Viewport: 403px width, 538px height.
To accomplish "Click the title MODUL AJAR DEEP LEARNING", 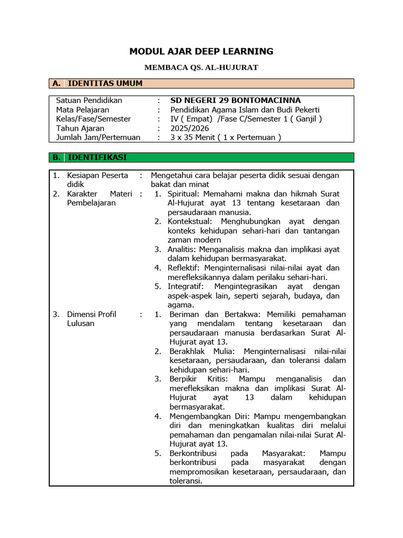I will pyautogui.click(x=201, y=51).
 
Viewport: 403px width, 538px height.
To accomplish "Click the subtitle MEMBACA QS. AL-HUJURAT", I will pyautogui.click(x=201, y=67).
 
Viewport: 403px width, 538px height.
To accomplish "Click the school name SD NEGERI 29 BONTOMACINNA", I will pyautogui.click(x=236, y=100).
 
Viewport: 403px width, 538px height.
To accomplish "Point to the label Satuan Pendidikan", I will pyautogui.click(x=89, y=100).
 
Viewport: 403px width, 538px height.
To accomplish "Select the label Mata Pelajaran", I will pyautogui.click(x=83, y=110).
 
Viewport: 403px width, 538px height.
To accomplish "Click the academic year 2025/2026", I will pyautogui.click(x=190, y=128).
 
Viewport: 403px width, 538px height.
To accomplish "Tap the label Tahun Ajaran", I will pyautogui.click(x=80, y=128).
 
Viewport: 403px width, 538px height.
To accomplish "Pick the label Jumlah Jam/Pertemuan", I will pyautogui.click(x=98, y=138).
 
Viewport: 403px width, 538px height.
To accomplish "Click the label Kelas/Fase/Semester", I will pyautogui.click(x=93, y=119).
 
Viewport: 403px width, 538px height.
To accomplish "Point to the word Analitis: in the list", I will pyautogui.click(x=182, y=249).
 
